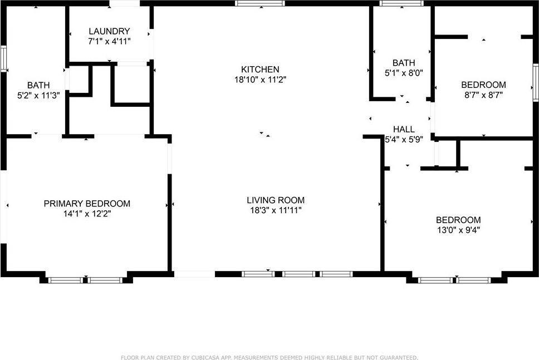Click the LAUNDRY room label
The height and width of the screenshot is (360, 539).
coord(109,31)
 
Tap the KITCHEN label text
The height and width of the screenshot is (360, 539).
coord(260,70)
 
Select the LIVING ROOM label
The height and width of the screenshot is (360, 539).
coord(276,200)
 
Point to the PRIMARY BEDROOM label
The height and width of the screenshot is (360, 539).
coord(87,204)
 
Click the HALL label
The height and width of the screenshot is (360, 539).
coord(404,129)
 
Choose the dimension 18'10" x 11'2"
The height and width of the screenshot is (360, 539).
coord(260,80)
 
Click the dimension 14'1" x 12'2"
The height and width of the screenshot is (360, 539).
coord(87,214)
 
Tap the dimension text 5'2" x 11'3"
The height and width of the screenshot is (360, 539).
coord(38,95)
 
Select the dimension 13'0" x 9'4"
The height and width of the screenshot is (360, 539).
coord(459,230)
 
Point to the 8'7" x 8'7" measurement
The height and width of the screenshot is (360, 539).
coord(484,95)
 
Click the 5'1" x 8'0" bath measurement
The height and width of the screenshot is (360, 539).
coord(404,73)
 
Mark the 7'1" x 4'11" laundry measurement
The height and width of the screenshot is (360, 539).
coord(109,42)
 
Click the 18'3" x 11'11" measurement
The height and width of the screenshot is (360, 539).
coord(276,210)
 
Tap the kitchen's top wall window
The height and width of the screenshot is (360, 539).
coord(260,3)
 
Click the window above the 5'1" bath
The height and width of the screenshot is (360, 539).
coord(401,3)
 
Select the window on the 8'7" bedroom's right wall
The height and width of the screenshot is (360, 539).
coord(536,82)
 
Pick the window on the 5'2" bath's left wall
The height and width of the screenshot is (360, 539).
coord(3,59)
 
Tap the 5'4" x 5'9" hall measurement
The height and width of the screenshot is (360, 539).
coord(404,140)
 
